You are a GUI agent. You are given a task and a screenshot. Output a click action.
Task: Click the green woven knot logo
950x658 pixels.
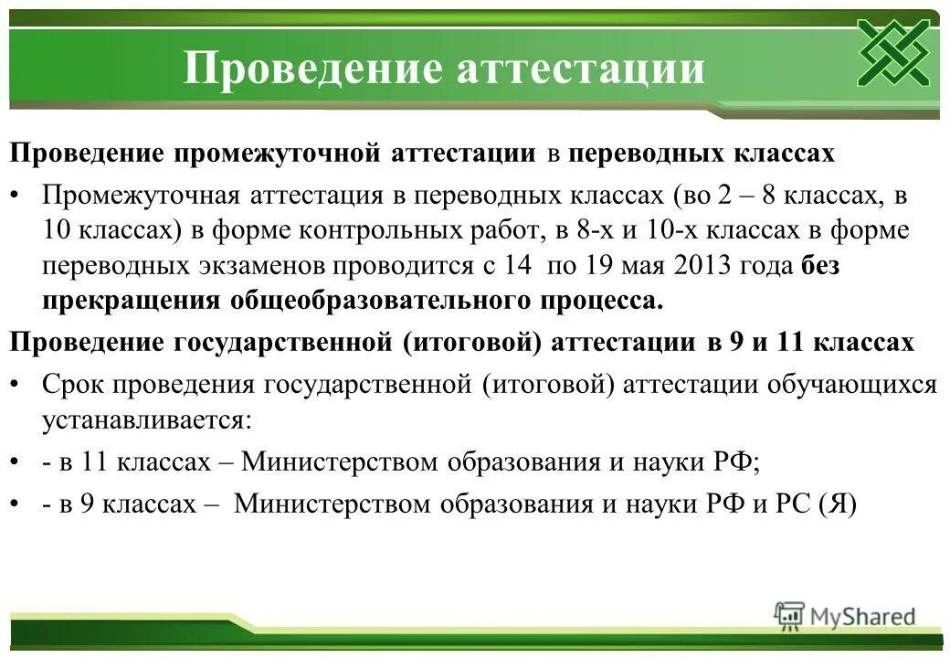point(892,53)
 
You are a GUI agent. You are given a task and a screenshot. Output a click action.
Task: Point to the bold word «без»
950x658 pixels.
point(820,267)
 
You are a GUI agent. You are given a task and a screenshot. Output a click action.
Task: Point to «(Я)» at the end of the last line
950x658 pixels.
point(838,505)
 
